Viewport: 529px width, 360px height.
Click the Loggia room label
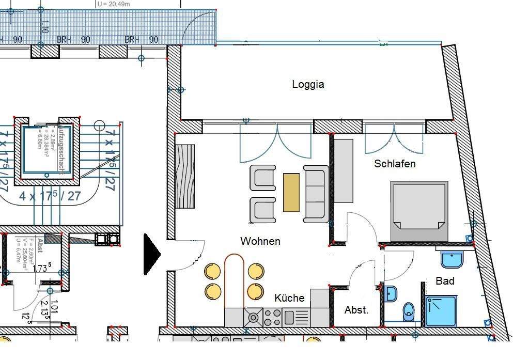[x=308, y=84]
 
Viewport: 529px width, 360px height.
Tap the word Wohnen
[x=260, y=241]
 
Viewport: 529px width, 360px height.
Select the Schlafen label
[x=395, y=164]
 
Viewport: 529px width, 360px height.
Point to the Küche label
[x=289, y=298]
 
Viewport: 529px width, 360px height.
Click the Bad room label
[x=445, y=281]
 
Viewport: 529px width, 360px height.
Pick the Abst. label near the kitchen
[x=356, y=310]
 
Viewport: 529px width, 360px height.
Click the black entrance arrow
[x=151, y=254]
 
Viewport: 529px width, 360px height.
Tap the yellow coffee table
[x=291, y=192]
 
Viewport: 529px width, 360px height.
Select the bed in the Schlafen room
[x=419, y=210]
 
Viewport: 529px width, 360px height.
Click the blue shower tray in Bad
[x=441, y=311]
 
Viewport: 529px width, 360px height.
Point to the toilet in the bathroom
[x=409, y=311]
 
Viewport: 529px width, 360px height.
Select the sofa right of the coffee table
[x=316, y=193]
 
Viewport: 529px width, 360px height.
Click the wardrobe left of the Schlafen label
[x=344, y=170]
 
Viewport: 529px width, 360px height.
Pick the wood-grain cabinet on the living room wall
[x=184, y=176]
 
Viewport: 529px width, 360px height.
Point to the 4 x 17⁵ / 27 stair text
[x=50, y=196]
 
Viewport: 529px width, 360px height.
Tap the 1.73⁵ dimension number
[x=41, y=268]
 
